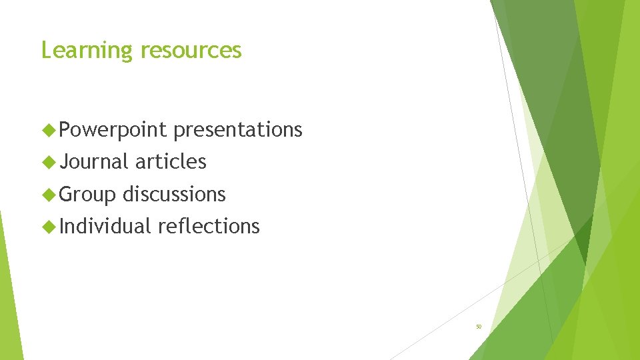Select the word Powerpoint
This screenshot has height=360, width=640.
(x=112, y=130)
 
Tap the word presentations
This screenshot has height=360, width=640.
(x=238, y=130)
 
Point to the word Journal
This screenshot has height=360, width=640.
(x=94, y=161)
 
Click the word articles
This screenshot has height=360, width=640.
(x=171, y=161)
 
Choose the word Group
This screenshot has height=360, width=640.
(x=87, y=194)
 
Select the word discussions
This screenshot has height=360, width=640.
(x=174, y=194)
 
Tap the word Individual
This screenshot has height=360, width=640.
(x=105, y=226)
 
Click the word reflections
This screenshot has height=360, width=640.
(x=209, y=226)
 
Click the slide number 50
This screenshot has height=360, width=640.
(x=478, y=327)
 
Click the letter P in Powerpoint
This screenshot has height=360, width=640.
(x=65, y=129)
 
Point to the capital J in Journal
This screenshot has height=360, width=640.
(x=64, y=161)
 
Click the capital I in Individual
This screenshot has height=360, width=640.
(x=62, y=226)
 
